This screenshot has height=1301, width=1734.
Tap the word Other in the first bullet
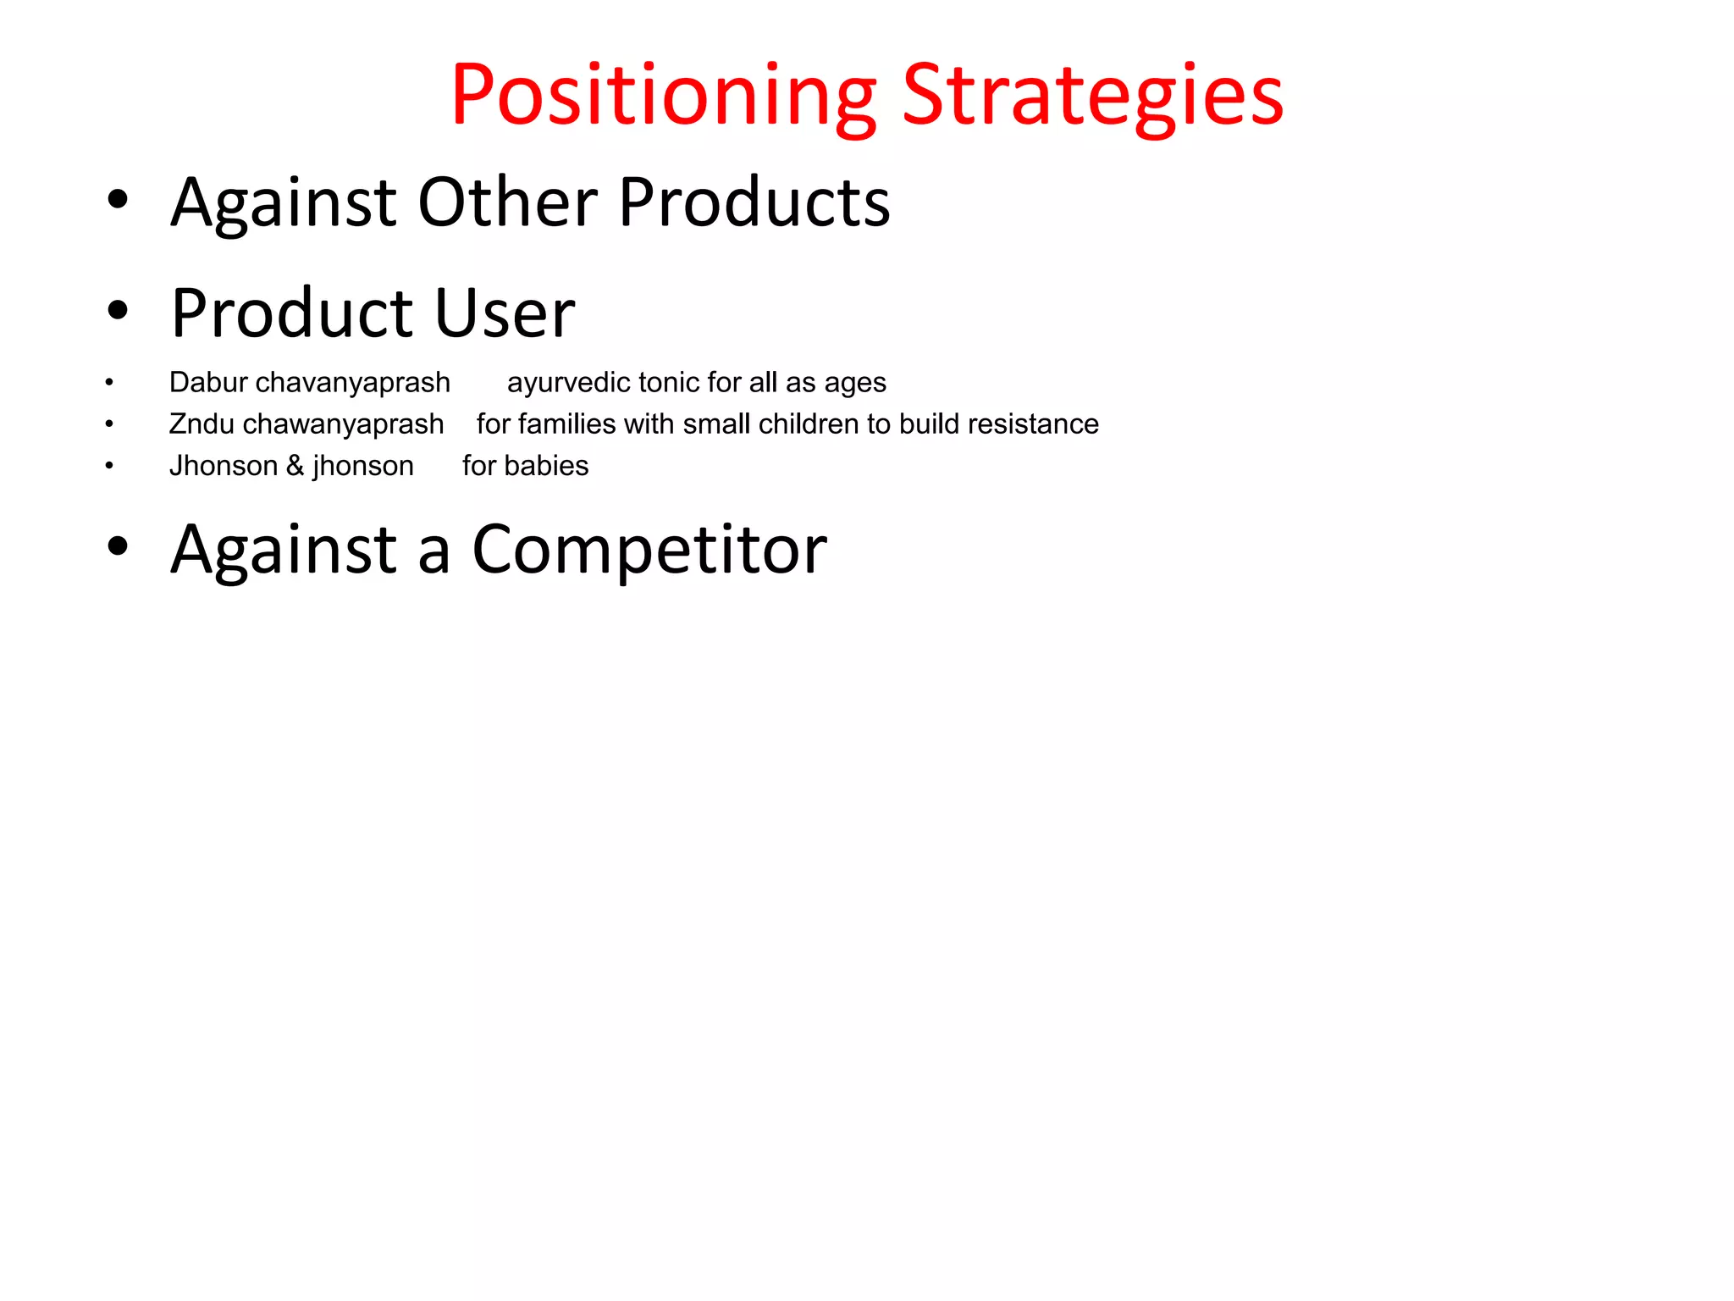(508, 202)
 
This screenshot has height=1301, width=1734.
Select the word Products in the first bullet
(754, 202)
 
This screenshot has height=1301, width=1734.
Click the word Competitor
(649, 550)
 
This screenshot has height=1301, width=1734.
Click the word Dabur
(207, 382)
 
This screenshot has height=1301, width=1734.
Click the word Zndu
(202, 424)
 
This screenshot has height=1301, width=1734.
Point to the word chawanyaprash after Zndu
(343, 424)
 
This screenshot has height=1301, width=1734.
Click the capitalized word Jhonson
(224, 466)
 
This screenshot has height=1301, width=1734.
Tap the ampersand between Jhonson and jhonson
(295, 466)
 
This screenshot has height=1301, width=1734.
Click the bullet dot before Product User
(118, 310)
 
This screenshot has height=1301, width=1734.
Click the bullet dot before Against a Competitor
(118, 546)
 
